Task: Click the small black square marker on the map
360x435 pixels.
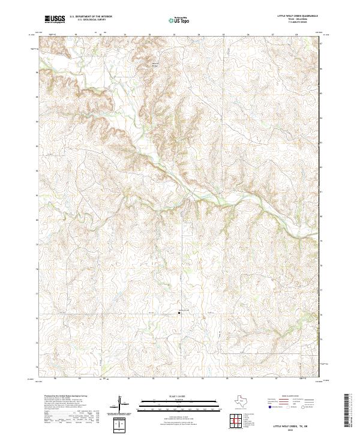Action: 179,312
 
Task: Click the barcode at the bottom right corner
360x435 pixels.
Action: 347,412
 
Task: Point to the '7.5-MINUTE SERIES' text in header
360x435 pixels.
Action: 291,23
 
